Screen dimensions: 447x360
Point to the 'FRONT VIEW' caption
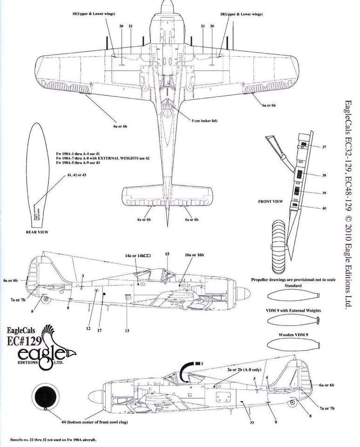tap(271, 202)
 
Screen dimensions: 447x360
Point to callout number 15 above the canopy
tap(167, 254)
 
